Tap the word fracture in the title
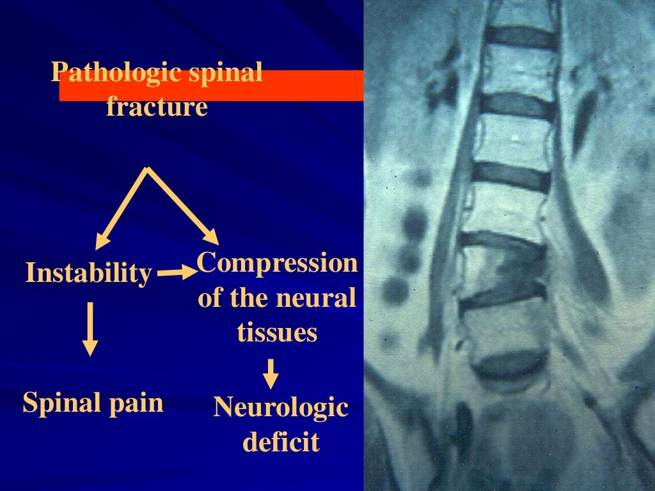click(x=157, y=106)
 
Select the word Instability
click(x=89, y=274)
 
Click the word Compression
click(x=277, y=263)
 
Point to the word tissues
click(x=277, y=332)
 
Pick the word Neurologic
click(x=281, y=407)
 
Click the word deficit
click(x=281, y=442)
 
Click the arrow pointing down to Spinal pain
click(x=90, y=329)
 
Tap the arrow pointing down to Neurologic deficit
click(x=272, y=374)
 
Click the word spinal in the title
click(x=226, y=73)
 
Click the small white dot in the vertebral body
click(x=516, y=136)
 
